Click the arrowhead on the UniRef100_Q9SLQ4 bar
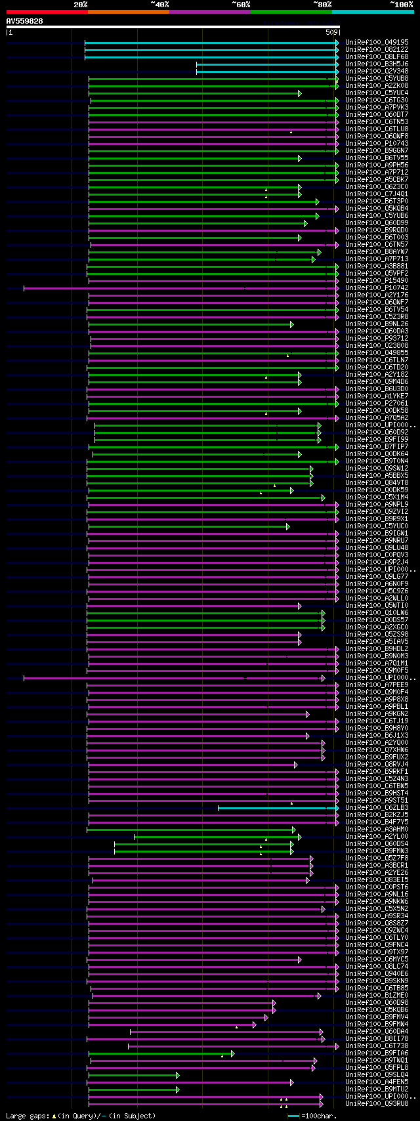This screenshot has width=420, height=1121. click(x=177, y=1075)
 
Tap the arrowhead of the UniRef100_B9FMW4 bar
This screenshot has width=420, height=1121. click(x=255, y=1024)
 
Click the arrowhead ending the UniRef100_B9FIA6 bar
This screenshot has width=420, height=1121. click(x=232, y=1053)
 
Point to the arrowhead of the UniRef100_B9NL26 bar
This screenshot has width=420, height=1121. click(x=291, y=324)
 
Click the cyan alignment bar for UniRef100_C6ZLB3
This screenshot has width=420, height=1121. click(x=276, y=808)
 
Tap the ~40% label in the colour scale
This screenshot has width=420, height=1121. click(x=159, y=5)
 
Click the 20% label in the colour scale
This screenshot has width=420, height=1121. click(x=80, y=5)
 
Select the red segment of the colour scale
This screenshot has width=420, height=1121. click(x=47, y=11)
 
